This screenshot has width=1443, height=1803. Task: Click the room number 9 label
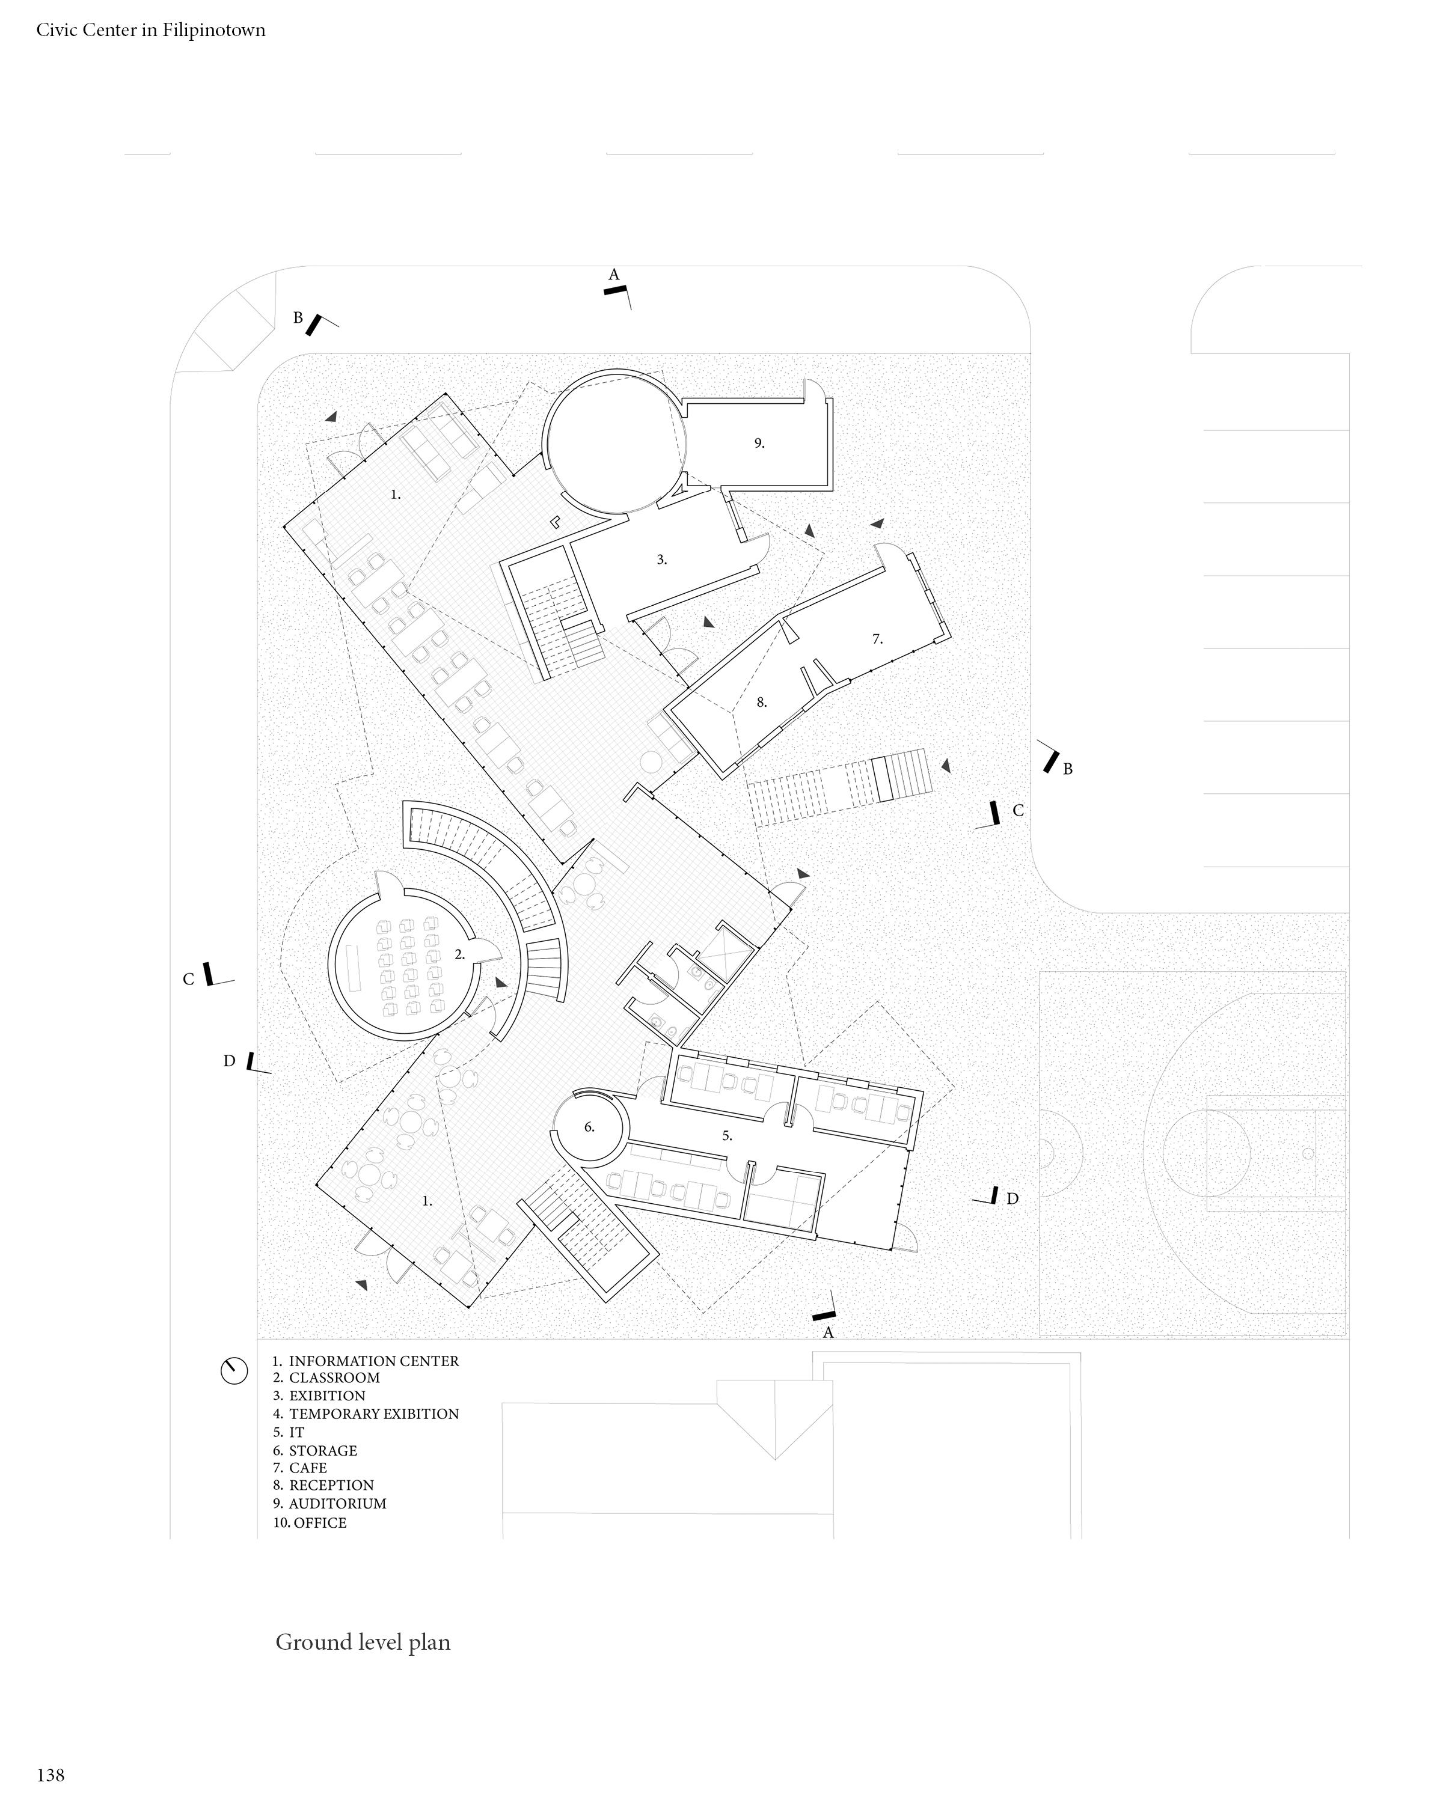click(759, 443)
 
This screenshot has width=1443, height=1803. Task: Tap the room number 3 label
click(662, 560)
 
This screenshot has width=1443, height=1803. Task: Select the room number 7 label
click(877, 639)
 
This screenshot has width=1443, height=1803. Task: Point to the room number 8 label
click(761, 703)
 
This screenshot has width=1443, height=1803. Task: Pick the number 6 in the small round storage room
click(589, 1127)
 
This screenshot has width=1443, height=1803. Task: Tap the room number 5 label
click(727, 1136)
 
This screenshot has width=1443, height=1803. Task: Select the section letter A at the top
click(613, 274)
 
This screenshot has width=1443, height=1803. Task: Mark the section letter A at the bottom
click(828, 1332)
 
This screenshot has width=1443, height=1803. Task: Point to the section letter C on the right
click(1018, 810)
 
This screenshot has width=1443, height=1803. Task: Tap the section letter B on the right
click(1067, 769)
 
